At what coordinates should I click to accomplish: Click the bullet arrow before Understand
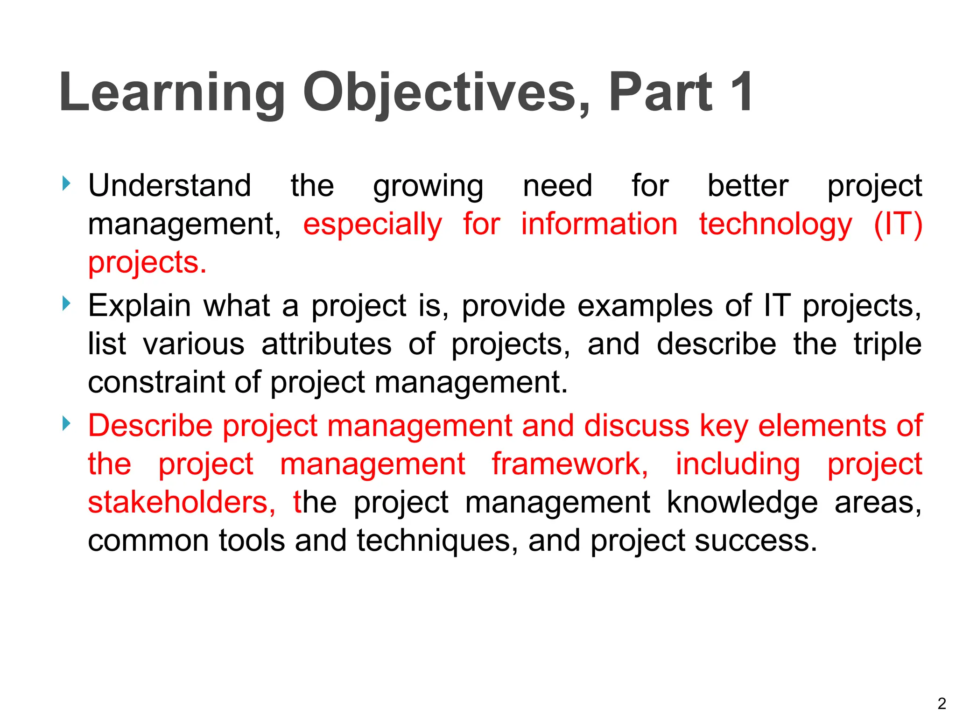point(66,183)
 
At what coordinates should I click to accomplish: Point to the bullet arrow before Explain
point(66,304)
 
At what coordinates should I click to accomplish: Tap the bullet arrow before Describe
point(66,424)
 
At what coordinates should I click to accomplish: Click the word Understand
point(170,185)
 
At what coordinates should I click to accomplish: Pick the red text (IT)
point(898,225)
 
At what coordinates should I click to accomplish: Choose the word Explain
point(139,307)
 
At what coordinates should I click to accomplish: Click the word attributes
point(326,344)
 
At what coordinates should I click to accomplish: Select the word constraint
point(157,382)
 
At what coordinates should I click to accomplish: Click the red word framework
point(570,464)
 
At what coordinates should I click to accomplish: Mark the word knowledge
point(742,503)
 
